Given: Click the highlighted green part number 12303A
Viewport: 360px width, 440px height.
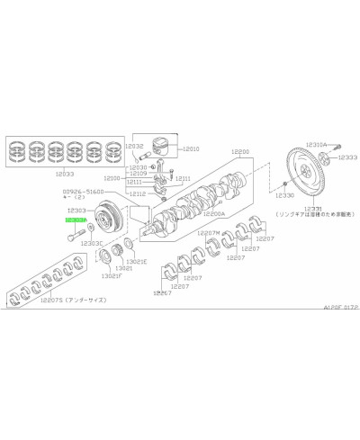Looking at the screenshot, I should point(75,219).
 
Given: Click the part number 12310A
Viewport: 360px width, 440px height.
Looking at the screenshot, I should point(316,144).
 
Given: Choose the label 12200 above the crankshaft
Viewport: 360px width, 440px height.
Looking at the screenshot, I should point(240,152).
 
